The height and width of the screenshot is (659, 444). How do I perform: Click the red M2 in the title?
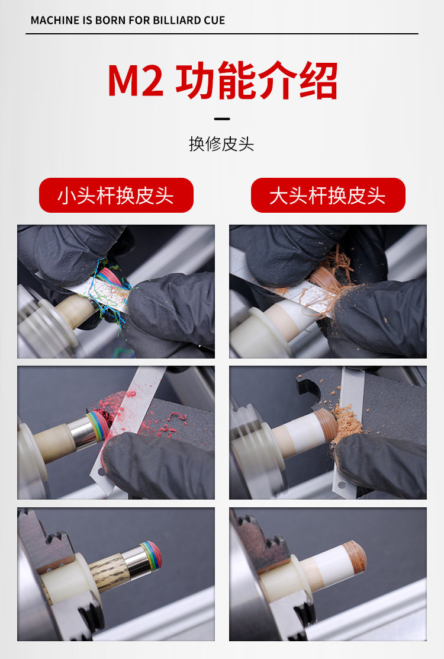135,80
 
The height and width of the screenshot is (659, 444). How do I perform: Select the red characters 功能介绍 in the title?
256,80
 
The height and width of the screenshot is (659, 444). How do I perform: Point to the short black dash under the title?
222,119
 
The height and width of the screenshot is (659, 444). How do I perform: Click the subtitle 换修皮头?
221,144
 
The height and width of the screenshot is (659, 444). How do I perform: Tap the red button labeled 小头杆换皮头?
116,196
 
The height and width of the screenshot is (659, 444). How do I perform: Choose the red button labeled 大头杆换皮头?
328,196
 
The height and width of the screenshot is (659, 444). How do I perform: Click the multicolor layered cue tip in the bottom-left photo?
152,555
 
